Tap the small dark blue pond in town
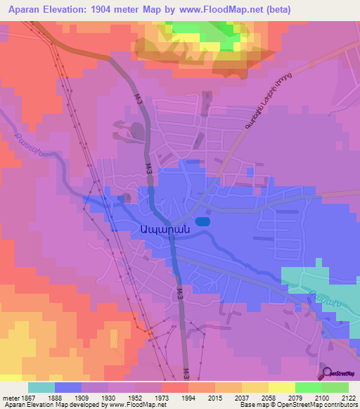[x=202, y=221]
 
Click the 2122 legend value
[x=347, y=398]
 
